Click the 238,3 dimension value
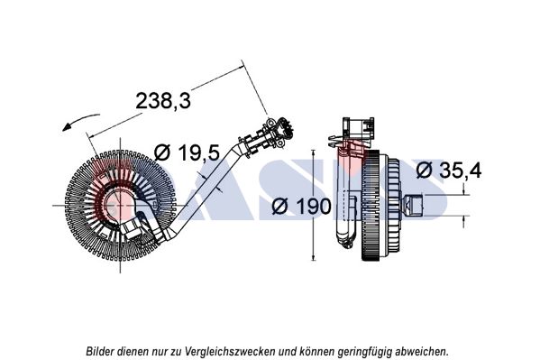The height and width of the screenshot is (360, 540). point(163,101)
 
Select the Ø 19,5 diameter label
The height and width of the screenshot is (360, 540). point(187,152)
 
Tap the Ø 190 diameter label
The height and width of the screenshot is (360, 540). point(301,207)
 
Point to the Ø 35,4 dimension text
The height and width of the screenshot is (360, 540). point(449,171)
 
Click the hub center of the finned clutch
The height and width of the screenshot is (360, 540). point(120,206)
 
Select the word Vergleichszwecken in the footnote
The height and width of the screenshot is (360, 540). point(230,352)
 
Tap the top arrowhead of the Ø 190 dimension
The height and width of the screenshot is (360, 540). point(313,152)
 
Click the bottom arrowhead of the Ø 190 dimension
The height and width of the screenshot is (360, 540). point(313,257)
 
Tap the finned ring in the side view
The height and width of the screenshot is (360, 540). point(371,205)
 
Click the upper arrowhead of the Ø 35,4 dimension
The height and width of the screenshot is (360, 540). point(464,191)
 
